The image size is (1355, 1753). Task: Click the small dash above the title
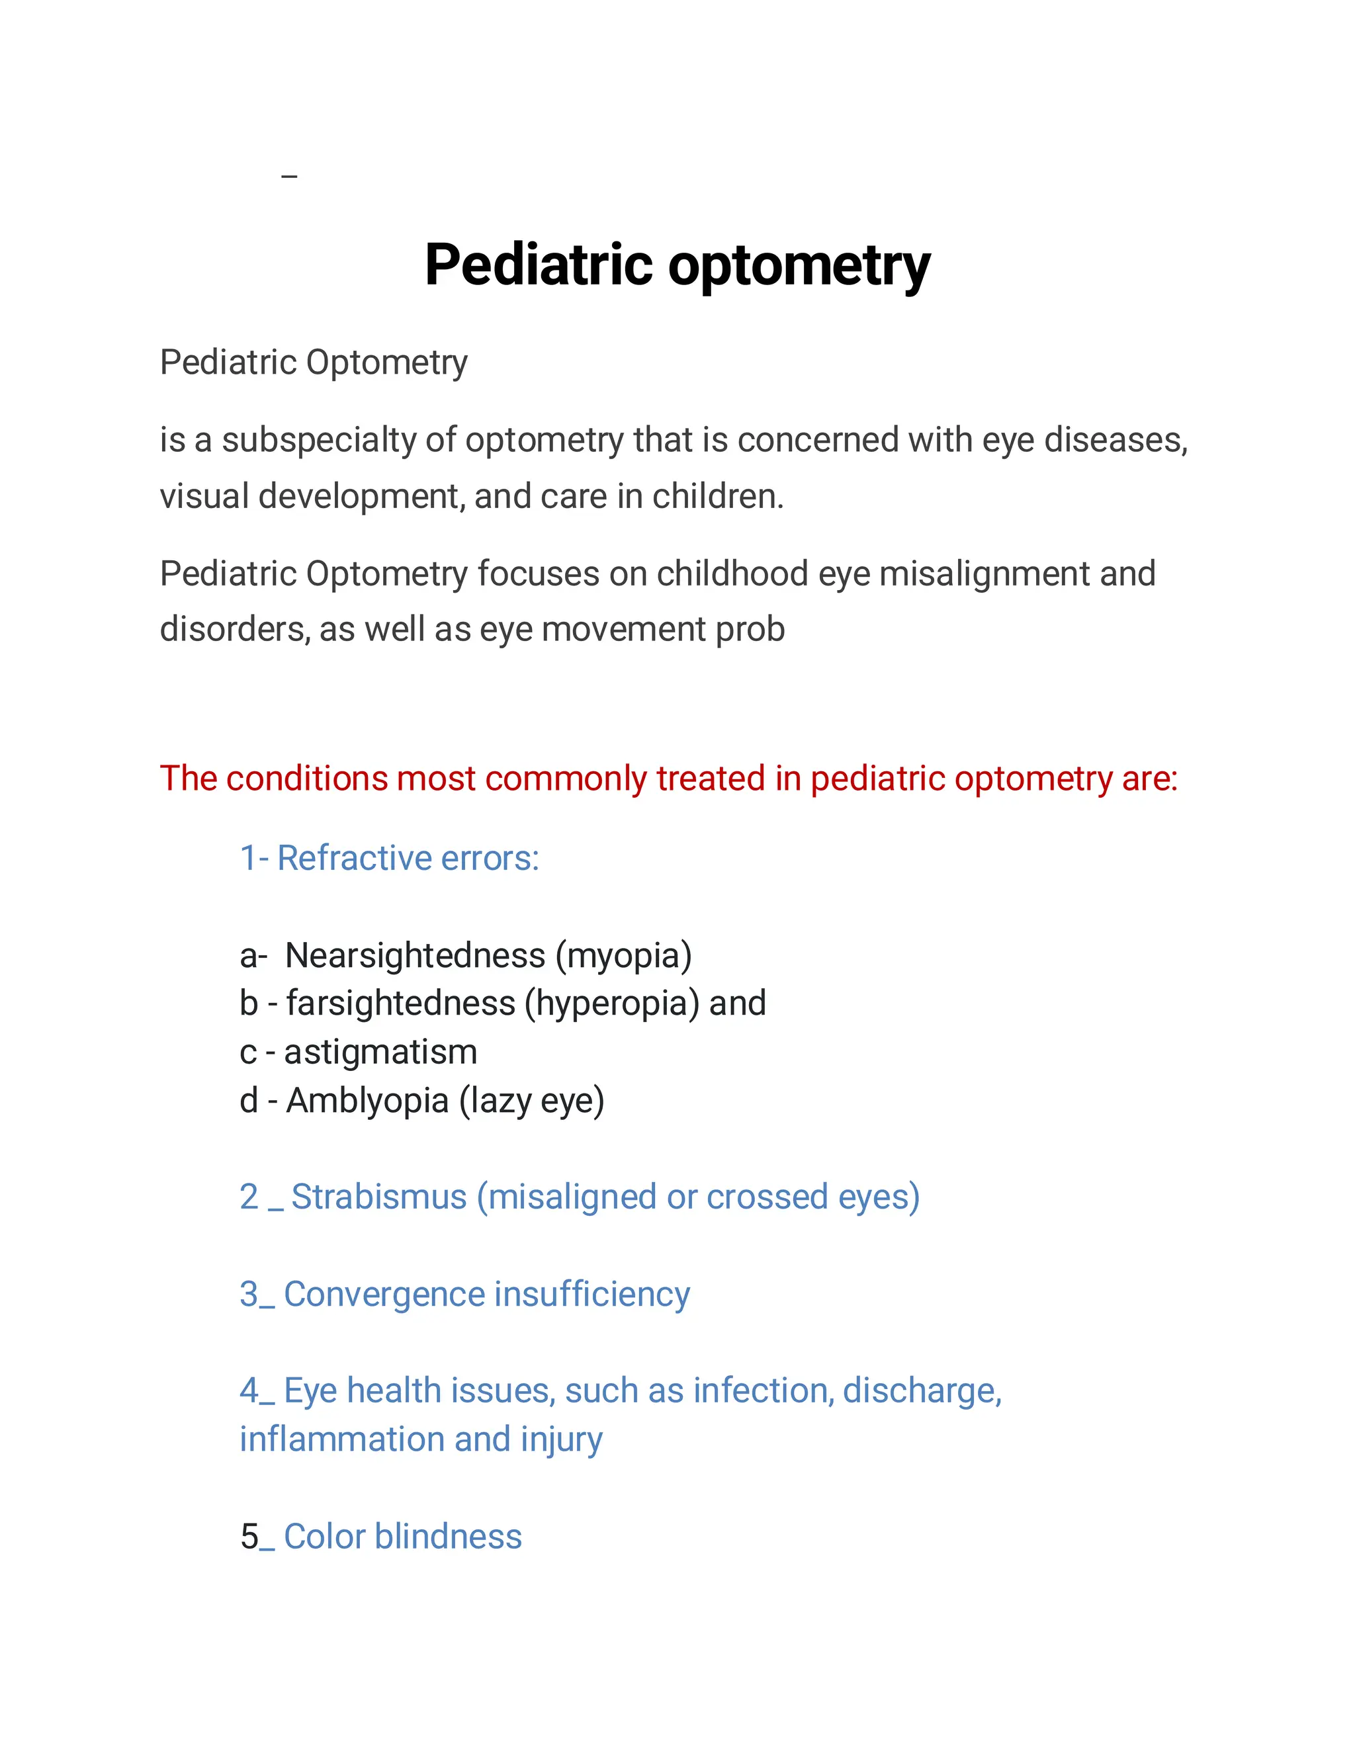290,176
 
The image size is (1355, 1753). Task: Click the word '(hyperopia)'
612,1004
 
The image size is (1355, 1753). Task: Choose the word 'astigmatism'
380,1052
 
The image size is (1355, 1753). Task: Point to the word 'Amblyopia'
367,1101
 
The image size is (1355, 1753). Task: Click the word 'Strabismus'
379,1197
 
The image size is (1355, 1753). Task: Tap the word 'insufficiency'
591,1294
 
